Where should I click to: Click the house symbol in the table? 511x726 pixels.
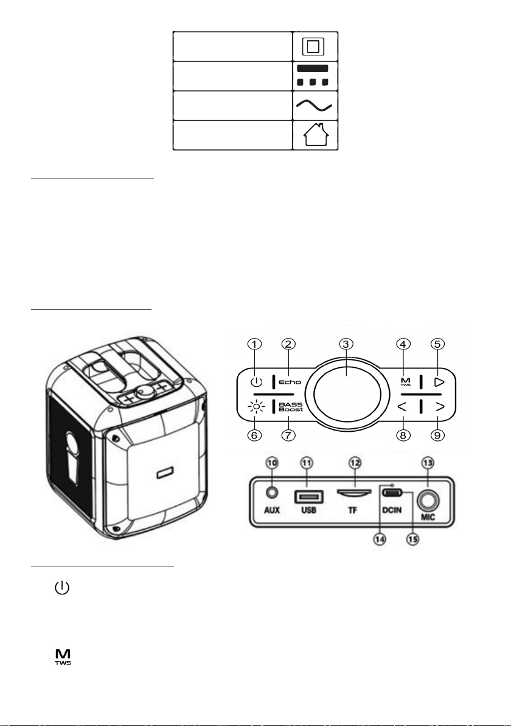tap(316, 135)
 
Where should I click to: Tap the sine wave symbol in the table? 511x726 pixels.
tap(314, 106)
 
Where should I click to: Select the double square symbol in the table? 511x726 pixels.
tap(313, 47)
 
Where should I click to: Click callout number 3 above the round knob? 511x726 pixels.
tap(346, 344)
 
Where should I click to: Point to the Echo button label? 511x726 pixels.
tap(290, 382)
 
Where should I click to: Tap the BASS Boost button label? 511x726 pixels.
tap(291, 407)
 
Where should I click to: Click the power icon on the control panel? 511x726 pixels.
tap(256, 382)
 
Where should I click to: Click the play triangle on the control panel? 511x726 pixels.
tap(439, 382)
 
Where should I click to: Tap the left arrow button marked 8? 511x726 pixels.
tap(402, 407)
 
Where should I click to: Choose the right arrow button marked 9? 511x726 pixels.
tap(440, 407)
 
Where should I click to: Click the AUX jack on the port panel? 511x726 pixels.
tap(272, 493)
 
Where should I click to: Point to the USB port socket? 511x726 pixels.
tap(308, 497)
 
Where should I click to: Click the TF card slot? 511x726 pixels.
tap(354, 492)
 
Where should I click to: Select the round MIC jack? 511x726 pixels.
tap(428, 501)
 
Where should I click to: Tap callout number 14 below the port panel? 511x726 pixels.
tap(379, 540)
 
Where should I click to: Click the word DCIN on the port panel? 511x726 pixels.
tap(392, 510)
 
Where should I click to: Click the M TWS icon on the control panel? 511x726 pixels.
tap(406, 382)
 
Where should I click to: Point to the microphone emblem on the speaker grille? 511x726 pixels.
tap(74, 459)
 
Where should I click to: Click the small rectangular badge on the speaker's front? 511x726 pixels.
tap(165, 474)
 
